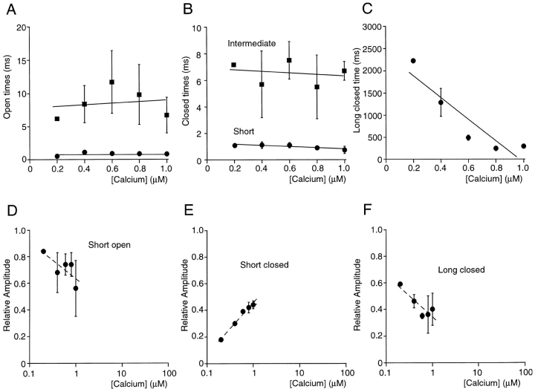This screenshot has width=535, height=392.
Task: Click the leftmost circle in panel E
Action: pyautogui.click(x=221, y=339)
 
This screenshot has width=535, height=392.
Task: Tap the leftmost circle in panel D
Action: pyautogui.click(x=43, y=252)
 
